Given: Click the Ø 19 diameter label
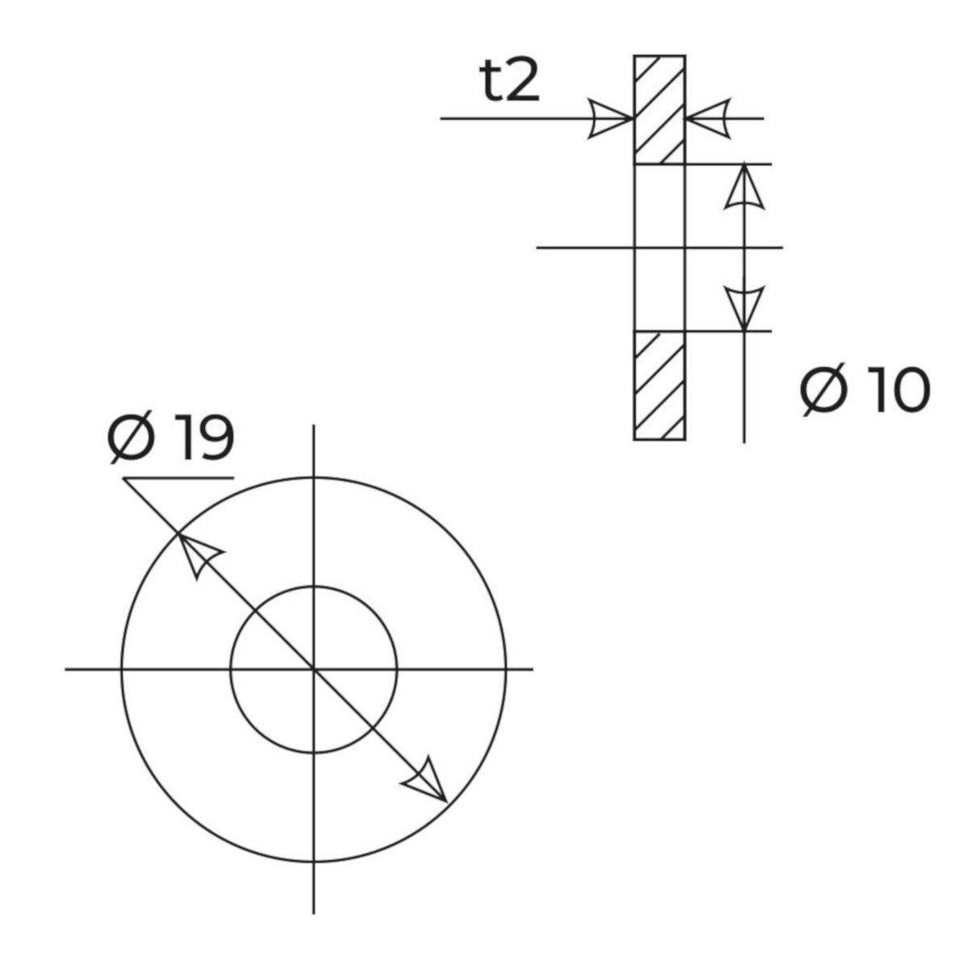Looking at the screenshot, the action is point(171,437).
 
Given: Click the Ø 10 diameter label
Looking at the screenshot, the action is point(865,390).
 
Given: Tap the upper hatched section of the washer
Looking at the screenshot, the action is point(660,110).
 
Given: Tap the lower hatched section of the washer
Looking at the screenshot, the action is point(660,386).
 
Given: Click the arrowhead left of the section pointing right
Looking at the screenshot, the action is point(610,119).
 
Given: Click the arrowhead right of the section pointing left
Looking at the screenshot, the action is point(708,119).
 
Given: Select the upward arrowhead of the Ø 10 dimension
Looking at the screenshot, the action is point(744,186).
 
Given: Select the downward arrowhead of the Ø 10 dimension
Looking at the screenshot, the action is point(744,309).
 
